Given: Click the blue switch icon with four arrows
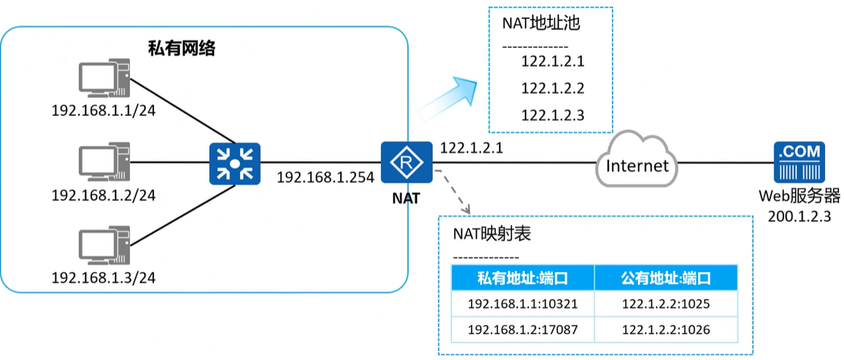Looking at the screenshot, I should click(235, 163).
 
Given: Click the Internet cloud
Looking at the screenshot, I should click(636, 165).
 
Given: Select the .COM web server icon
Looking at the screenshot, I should click(799, 162).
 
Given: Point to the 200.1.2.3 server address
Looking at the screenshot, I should click(799, 216).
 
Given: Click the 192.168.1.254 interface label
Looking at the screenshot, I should click(325, 177).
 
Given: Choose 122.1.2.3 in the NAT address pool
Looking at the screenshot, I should click(553, 115).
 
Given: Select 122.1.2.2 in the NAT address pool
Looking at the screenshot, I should click(553, 88).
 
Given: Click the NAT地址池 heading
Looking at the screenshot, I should click(541, 24).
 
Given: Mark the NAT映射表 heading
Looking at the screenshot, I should click(492, 234).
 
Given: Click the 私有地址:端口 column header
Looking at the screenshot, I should click(522, 278).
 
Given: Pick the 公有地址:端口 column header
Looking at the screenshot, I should click(665, 278).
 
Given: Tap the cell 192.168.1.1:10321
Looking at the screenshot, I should click(522, 304).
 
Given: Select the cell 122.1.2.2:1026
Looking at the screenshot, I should click(665, 329).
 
